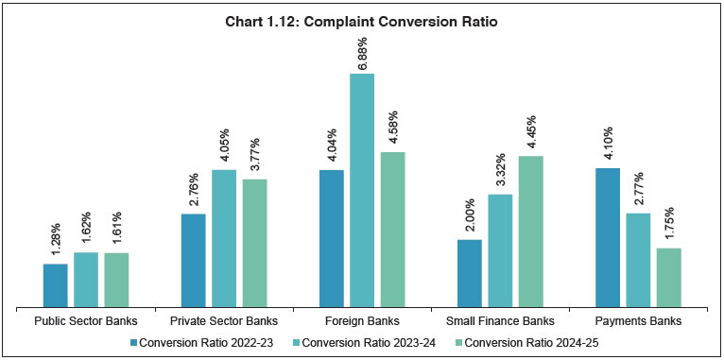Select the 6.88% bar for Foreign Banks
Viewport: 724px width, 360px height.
pos(362,190)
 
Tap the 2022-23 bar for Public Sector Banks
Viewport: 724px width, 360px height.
pos(56,285)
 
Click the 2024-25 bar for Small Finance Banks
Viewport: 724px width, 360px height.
pos(530,231)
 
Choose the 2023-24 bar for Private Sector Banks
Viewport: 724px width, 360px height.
pos(224,238)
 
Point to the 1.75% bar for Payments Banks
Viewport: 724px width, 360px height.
pos(668,278)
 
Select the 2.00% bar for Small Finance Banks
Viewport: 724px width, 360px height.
pos(470,273)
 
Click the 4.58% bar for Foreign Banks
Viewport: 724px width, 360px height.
pos(392,230)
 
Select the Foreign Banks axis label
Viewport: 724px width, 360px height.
pos(362,321)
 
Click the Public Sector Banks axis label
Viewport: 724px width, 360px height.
pos(86,321)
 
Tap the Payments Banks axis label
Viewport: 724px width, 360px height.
pos(638,321)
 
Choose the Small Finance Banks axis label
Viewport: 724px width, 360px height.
pos(500,321)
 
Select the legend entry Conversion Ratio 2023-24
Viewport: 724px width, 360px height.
pos(362,342)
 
